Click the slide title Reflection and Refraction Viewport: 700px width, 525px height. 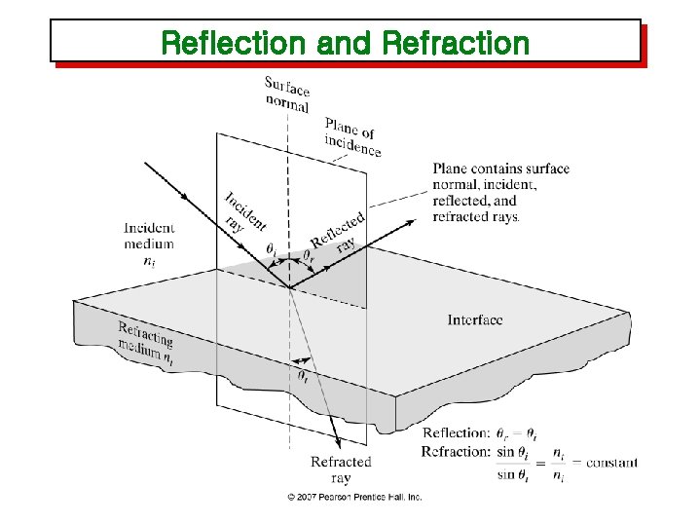345,43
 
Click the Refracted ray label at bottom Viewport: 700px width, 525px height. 341,469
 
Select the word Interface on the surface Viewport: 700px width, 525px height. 475,319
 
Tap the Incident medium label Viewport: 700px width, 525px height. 149,236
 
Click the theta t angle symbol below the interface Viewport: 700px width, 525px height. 304,375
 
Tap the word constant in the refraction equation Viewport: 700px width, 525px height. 611,462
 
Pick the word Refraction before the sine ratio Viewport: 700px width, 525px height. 455,451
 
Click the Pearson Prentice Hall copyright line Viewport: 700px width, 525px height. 353,497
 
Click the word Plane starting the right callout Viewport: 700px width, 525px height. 449,169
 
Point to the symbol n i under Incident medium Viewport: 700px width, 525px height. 149,261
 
